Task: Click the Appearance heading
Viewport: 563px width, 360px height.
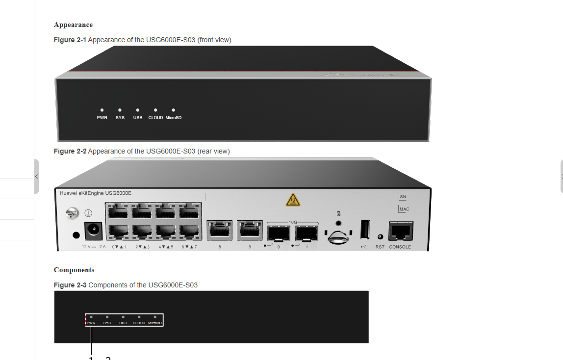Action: pos(73,25)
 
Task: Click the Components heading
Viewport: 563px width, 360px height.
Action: pos(74,270)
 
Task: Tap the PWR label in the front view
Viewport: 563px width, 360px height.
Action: pos(102,118)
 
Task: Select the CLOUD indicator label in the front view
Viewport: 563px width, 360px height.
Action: pos(155,118)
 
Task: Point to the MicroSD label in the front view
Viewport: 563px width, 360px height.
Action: pos(173,118)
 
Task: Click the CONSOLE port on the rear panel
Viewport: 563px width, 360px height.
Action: pos(400,231)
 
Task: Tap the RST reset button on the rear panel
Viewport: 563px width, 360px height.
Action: pos(380,237)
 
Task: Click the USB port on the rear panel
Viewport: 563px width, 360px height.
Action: pos(365,230)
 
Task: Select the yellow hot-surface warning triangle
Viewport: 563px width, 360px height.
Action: pos(293,200)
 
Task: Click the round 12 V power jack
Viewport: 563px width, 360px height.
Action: pos(91,229)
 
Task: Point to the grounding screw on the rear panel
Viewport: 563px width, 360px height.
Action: pos(73,213)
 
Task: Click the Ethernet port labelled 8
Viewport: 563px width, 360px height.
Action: pos(219,231)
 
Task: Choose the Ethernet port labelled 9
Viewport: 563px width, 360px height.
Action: pos(249,231)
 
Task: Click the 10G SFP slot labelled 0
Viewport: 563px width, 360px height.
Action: pos(279,233)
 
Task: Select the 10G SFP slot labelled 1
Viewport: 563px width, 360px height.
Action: pos(307,233)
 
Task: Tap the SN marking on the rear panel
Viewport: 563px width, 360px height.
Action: pos(403,197)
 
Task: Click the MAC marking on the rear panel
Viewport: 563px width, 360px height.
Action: pos(404,209)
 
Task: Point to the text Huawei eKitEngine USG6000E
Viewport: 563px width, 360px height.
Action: pos(95,193)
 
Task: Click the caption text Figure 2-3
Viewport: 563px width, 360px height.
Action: pos(70,285)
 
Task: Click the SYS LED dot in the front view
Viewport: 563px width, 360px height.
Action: pos(120,110)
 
